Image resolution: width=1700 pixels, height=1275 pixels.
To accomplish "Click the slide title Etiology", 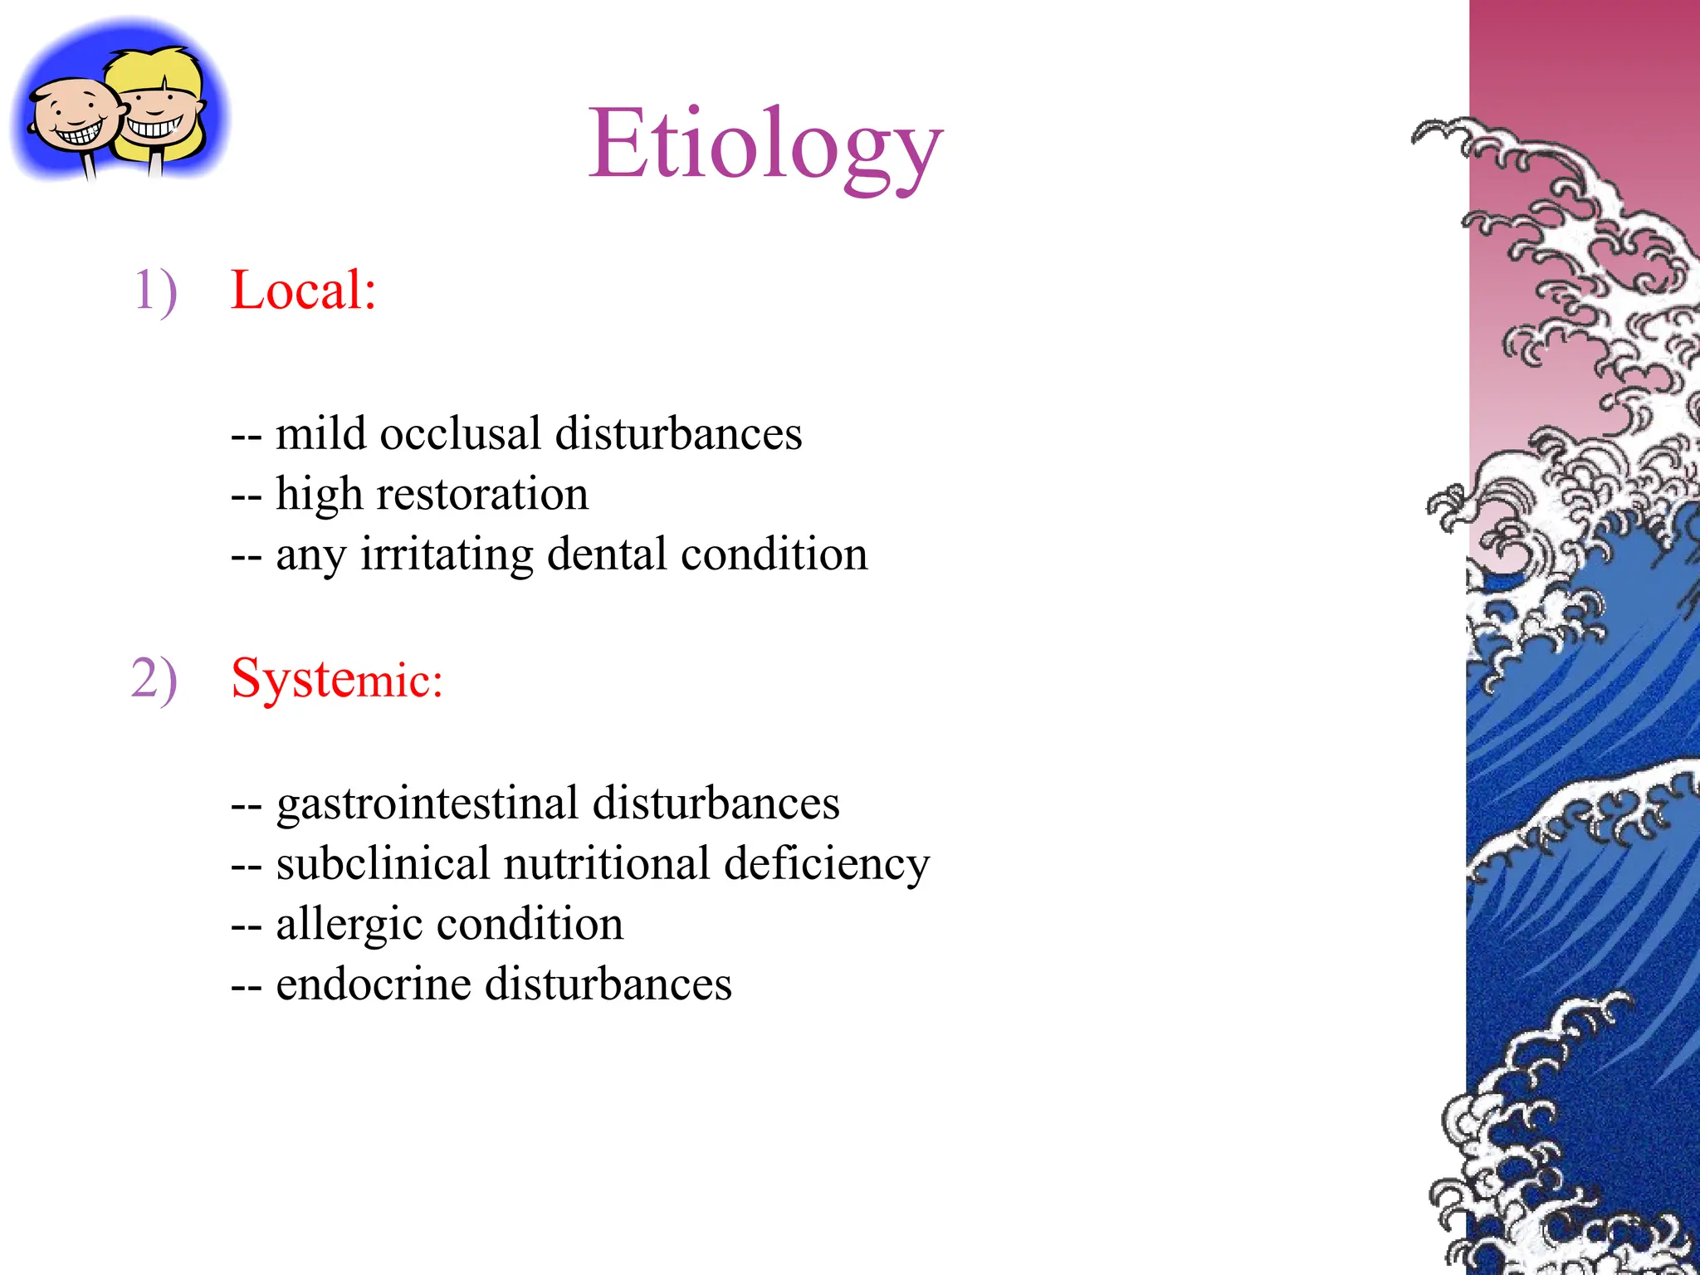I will point(765,145).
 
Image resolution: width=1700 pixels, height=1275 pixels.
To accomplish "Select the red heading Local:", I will point(303,291).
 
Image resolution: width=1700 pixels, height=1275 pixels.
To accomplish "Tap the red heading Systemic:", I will point(336,679).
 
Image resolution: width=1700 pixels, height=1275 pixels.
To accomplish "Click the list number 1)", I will point(155,291).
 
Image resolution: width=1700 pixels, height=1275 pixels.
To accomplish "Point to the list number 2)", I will point(154,679).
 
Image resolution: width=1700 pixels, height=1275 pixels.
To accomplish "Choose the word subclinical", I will point(383,863).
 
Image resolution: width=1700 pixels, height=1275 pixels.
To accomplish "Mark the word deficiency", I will point(827,865).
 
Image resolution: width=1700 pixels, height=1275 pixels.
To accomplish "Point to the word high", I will point(319,495).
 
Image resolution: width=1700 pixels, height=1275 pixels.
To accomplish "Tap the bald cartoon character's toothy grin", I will point(80,133).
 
